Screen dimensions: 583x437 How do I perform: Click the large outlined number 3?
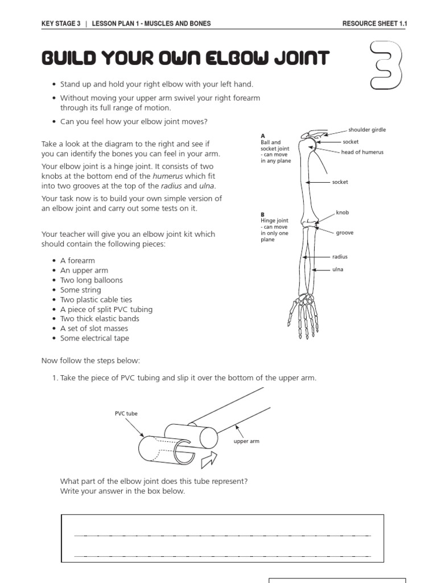click(x=386, y=64)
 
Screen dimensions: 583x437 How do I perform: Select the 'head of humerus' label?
click(x=362, y=152)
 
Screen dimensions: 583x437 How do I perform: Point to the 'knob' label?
click(x=342, y=212)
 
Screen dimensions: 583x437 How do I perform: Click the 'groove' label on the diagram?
click(x=345, y=232)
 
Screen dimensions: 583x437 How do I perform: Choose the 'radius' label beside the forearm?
click(x=340, y=257)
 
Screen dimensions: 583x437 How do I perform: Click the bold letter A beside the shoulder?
click(x=263, y=136)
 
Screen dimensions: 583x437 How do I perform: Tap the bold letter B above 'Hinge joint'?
click(x=263, y=215)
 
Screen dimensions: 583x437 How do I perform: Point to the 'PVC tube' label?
click(x=126, y=413)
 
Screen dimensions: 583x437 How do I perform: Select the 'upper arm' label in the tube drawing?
click(x=246, y=441)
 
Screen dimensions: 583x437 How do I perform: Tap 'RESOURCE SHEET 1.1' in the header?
click(x=375, y=23)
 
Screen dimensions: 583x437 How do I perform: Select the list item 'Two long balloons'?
click(x=91, y=280)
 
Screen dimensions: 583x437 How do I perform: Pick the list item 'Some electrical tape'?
click(x=94, y=338)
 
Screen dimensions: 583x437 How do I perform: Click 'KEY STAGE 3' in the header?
click(x=61, y=23)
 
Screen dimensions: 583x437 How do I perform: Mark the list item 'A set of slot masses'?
click(x=94, y=329)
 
